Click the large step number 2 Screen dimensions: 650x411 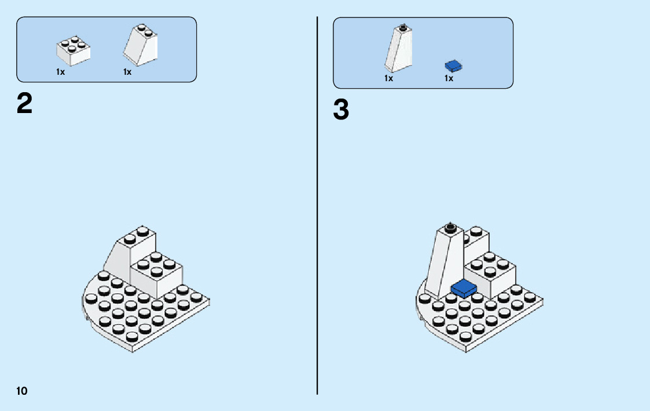coord(24,104)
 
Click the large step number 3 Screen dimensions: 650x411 coord(341,110)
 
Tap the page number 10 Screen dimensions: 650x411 coord(22,390)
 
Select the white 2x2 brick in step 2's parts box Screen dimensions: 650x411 coord(73,50)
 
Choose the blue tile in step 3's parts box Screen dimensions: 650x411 coord(453,66)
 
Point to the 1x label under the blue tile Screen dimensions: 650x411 coord(449,78)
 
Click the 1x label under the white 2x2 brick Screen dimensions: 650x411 coord(60,72)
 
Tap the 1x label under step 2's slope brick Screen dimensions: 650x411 coord(127,72)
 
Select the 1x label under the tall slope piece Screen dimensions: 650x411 coord(388,78)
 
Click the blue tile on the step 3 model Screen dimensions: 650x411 coord(464,288)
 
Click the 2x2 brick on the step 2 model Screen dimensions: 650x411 coord(156,275)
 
